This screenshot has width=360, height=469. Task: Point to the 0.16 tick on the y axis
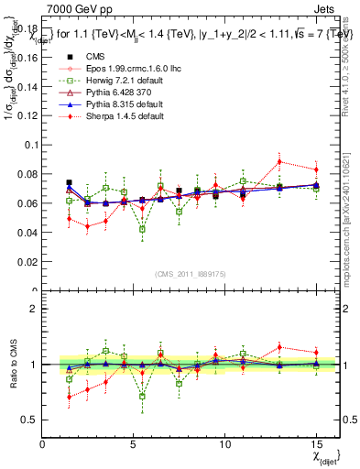[29, 57]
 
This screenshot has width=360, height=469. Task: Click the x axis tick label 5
[134, 444]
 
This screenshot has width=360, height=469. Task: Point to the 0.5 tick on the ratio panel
[31, 420]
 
